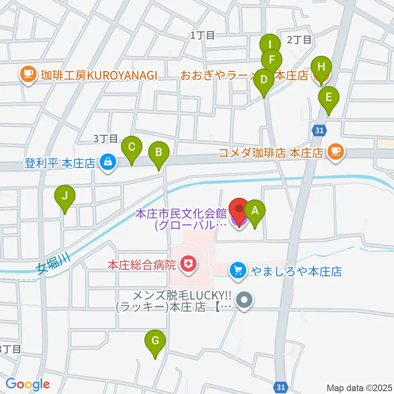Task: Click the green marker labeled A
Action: [x=254, y=211]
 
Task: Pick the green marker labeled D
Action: [x=264, y=79]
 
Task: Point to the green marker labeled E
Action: [x=328, y=98]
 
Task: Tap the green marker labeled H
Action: [x=321, y=67]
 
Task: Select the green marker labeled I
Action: [x=270, y=44]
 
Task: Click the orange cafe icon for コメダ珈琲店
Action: [x=336, y=153]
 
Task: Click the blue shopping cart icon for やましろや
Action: [x=237, y=271]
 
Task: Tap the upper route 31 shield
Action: [x=320, y=131]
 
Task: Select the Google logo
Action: [x=27, y=384]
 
